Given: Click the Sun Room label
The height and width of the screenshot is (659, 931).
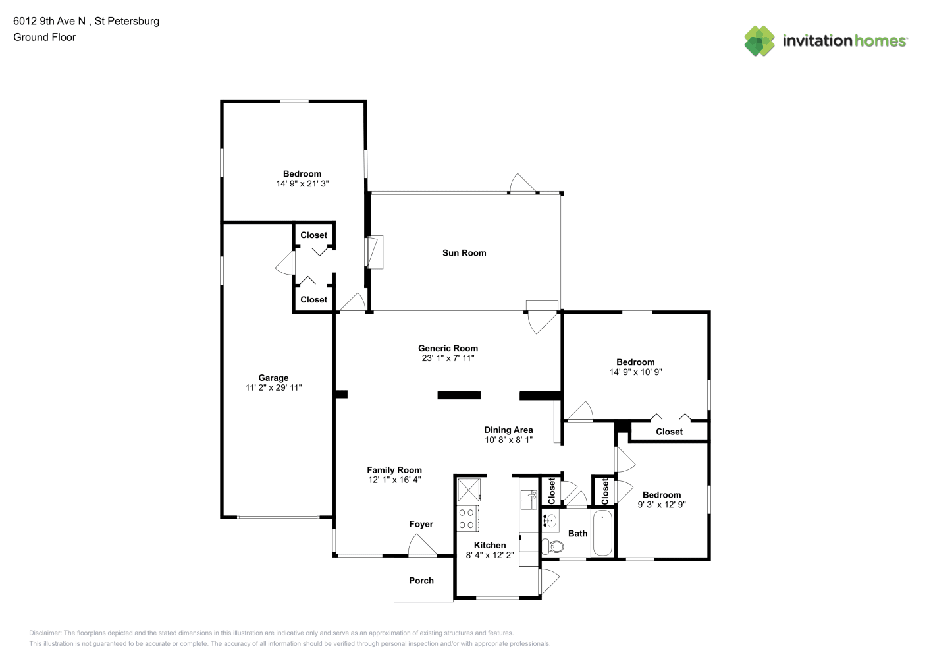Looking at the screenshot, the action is [x=464, y=253].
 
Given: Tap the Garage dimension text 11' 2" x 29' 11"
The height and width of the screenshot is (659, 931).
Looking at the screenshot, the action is [x=273, y=387].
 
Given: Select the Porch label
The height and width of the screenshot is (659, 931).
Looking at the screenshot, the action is [x=421, y=581].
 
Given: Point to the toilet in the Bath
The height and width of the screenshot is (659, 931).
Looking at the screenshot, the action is [x=552, y=546].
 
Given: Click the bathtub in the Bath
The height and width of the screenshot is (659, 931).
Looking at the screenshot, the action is [x=602, y=532].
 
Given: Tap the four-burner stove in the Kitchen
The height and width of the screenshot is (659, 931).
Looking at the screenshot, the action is [x=468, y=519].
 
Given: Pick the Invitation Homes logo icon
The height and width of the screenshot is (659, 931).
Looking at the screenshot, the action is [x=759, y=41].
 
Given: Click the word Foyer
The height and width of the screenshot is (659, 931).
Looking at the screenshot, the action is [x=421, y=524].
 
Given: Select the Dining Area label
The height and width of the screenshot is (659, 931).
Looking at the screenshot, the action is [x=508, y=430].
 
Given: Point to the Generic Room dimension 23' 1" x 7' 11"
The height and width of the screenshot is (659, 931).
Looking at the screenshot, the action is [x=448, y=358].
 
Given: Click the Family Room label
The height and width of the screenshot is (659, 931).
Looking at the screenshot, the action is [x=394, y=470].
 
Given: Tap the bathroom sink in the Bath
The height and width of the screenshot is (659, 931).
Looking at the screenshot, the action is [x=550, y=521].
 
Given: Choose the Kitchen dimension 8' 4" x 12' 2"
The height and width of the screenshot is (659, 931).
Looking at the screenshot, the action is [x=490, y=555].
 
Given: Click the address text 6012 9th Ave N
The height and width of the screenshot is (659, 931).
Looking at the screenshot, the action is [x=49, y=21].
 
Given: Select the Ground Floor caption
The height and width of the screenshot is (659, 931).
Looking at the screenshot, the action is [x=45, y=37].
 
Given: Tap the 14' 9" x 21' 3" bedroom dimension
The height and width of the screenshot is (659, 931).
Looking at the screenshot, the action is [x=302, y=183].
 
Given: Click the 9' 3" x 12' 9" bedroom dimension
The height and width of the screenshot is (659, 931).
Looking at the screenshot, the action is [x=662, y=505].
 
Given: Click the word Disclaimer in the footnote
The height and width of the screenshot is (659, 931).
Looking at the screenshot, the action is [x=45, y=633].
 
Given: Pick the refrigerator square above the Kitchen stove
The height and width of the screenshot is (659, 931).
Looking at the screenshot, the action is [x=469, y=490].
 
